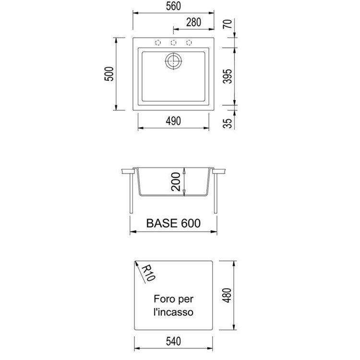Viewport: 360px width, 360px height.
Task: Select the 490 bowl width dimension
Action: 173,121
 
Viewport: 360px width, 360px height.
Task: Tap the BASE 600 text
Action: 173,224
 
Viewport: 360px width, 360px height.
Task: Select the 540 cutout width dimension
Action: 173,342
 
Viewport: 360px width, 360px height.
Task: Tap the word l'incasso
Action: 173,312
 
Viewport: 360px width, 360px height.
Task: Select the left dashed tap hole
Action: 157,42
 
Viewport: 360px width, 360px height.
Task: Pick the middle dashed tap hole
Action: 173,42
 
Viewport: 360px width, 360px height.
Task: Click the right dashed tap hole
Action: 189,42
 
